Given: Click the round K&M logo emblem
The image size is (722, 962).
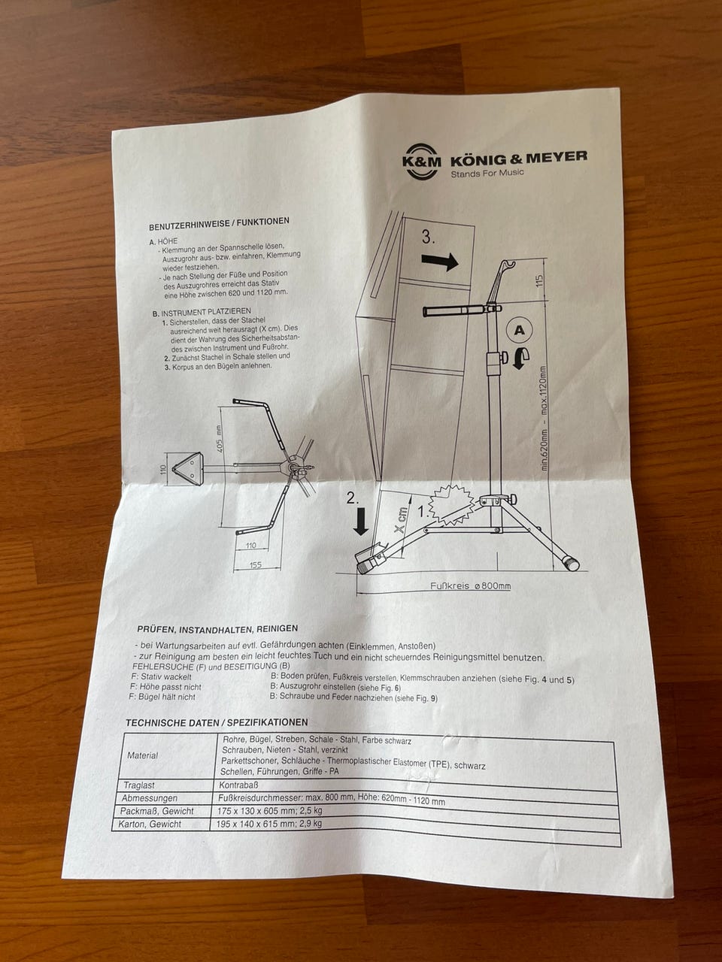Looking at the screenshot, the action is (422, 161).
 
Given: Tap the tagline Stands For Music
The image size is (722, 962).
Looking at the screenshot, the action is (487, 172).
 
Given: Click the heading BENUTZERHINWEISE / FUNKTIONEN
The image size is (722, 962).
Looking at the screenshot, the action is (219, 224).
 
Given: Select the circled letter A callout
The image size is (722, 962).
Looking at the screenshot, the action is (519, 330).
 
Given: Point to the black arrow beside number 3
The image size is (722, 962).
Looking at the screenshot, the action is (440, 262).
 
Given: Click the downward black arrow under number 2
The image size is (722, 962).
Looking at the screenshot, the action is (361, 521).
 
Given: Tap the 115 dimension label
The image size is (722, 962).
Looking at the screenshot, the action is (539, 280).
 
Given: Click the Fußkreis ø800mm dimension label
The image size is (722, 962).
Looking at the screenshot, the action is (470, 586).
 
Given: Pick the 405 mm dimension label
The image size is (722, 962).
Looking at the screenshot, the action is (220, 439).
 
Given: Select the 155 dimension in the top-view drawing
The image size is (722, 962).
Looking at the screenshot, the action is (255, 565).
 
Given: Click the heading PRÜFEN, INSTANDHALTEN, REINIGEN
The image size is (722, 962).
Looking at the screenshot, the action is (217, 629).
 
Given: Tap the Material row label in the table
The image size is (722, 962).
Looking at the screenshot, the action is (142, 755).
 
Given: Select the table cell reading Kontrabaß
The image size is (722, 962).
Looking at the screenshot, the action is (235, 785).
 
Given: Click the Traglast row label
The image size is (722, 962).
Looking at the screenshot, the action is (139, 785).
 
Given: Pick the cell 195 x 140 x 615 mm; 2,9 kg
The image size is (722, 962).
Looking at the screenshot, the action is (268, 824).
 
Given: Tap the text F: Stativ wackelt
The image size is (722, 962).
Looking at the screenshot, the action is (161, 676).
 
